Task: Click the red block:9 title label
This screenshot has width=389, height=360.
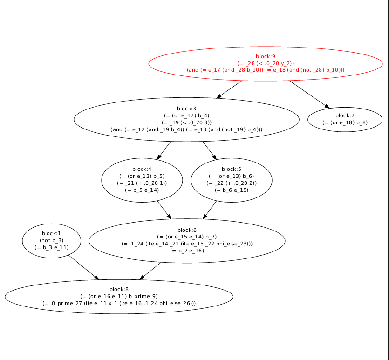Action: pyautogui.click(x=266, y=56)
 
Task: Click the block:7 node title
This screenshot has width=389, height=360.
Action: pyautogui.click(x=345, y=115)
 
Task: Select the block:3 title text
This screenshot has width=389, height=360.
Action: pyautogui.click(x=186, y=108)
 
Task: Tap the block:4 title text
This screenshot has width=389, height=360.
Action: pyautogui.click(x=142, y=169)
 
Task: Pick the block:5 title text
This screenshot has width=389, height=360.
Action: pyautogui.click(x=232, y=169)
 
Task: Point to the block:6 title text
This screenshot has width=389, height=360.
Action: pyautogui.click(x=187, y=230)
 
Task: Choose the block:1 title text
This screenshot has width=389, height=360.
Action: pyautogui.click(x=51, y=233)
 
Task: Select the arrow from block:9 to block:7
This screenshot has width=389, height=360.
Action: pyautogui.click(x=309, y=94)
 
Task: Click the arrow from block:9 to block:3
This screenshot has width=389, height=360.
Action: pyautogui.click(x=229, y=89)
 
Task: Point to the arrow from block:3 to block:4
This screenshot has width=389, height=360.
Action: pyautogui.click(x=164, y=150)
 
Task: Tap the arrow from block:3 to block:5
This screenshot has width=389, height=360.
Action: pyautogui.click(x=209, y=150)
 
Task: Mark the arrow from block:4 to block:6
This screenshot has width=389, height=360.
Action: pyautogui.click(x=164, y=210)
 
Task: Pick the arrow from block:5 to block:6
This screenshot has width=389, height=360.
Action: pyautogui.click(x=210, y=210)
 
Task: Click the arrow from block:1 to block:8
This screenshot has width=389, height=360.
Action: pyautogui.click(x=83, y=267)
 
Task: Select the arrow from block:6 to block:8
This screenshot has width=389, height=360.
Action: pyautogui.click(x=151, y=271)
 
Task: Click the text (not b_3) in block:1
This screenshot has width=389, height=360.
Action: pyautogui.click(x=51, y=240)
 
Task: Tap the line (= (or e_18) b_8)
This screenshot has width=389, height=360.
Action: pyautogui.click(x=345, y=122)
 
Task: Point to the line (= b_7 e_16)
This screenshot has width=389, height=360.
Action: pyautogui.click(x=187, y=251)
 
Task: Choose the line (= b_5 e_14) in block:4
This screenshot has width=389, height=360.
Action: pyautogui.click(x=142, y=190)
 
